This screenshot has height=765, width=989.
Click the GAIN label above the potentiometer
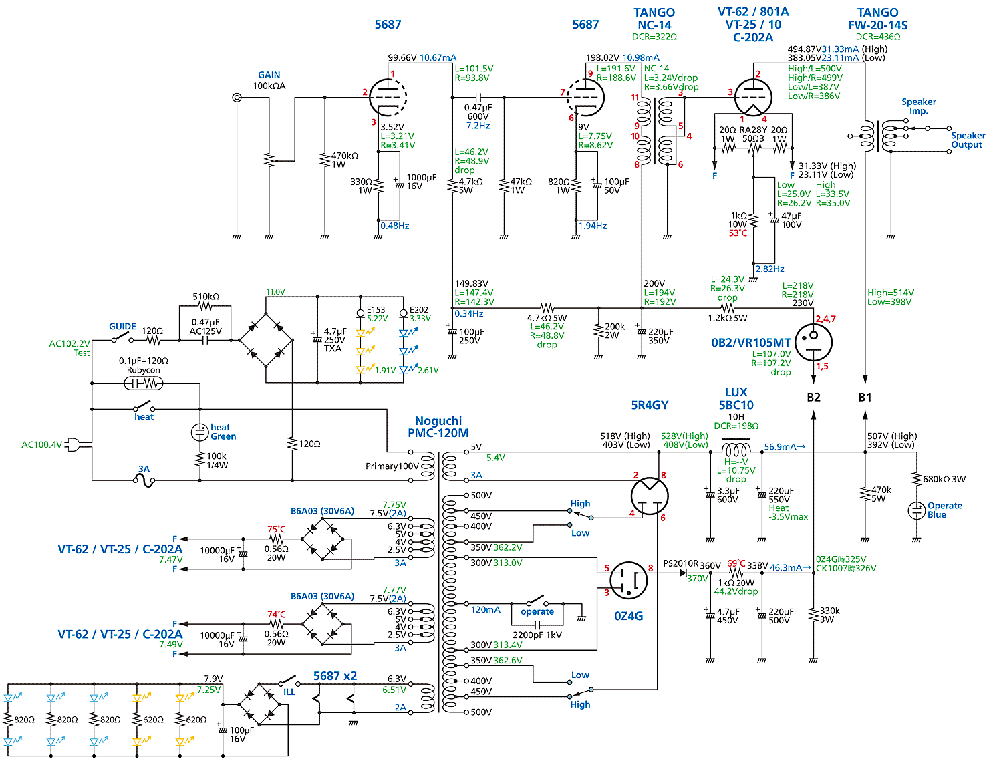tap(269, 75)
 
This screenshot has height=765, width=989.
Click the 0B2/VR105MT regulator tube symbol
tap(813, 342)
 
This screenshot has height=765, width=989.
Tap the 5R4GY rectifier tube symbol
tap(649, 496)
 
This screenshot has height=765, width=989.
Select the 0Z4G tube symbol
tap(629, 580)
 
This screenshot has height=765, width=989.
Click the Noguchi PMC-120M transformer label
tap(438, 427)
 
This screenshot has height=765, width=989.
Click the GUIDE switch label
tap(122, 327)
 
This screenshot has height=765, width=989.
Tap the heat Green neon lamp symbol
tap(200, 432)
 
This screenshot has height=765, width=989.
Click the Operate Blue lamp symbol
tap(916, 510)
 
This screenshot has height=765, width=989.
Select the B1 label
tap(865, 398)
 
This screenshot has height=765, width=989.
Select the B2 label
tap(813, 398)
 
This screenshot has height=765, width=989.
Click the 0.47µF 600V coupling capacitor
tap(478, 98)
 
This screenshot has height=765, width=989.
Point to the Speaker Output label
tap(967, 140)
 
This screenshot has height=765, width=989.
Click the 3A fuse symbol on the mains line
tap(144, 480)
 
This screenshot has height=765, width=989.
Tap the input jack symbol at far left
tap(237, 98)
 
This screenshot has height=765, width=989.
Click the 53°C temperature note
tap(738, 233)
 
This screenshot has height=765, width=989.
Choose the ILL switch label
tap(289, 692)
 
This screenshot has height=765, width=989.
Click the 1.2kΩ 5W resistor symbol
tap(728, 308)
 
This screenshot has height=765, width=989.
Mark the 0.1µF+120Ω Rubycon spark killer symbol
tap(144, 384)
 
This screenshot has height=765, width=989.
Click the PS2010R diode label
tap(680, 564)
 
